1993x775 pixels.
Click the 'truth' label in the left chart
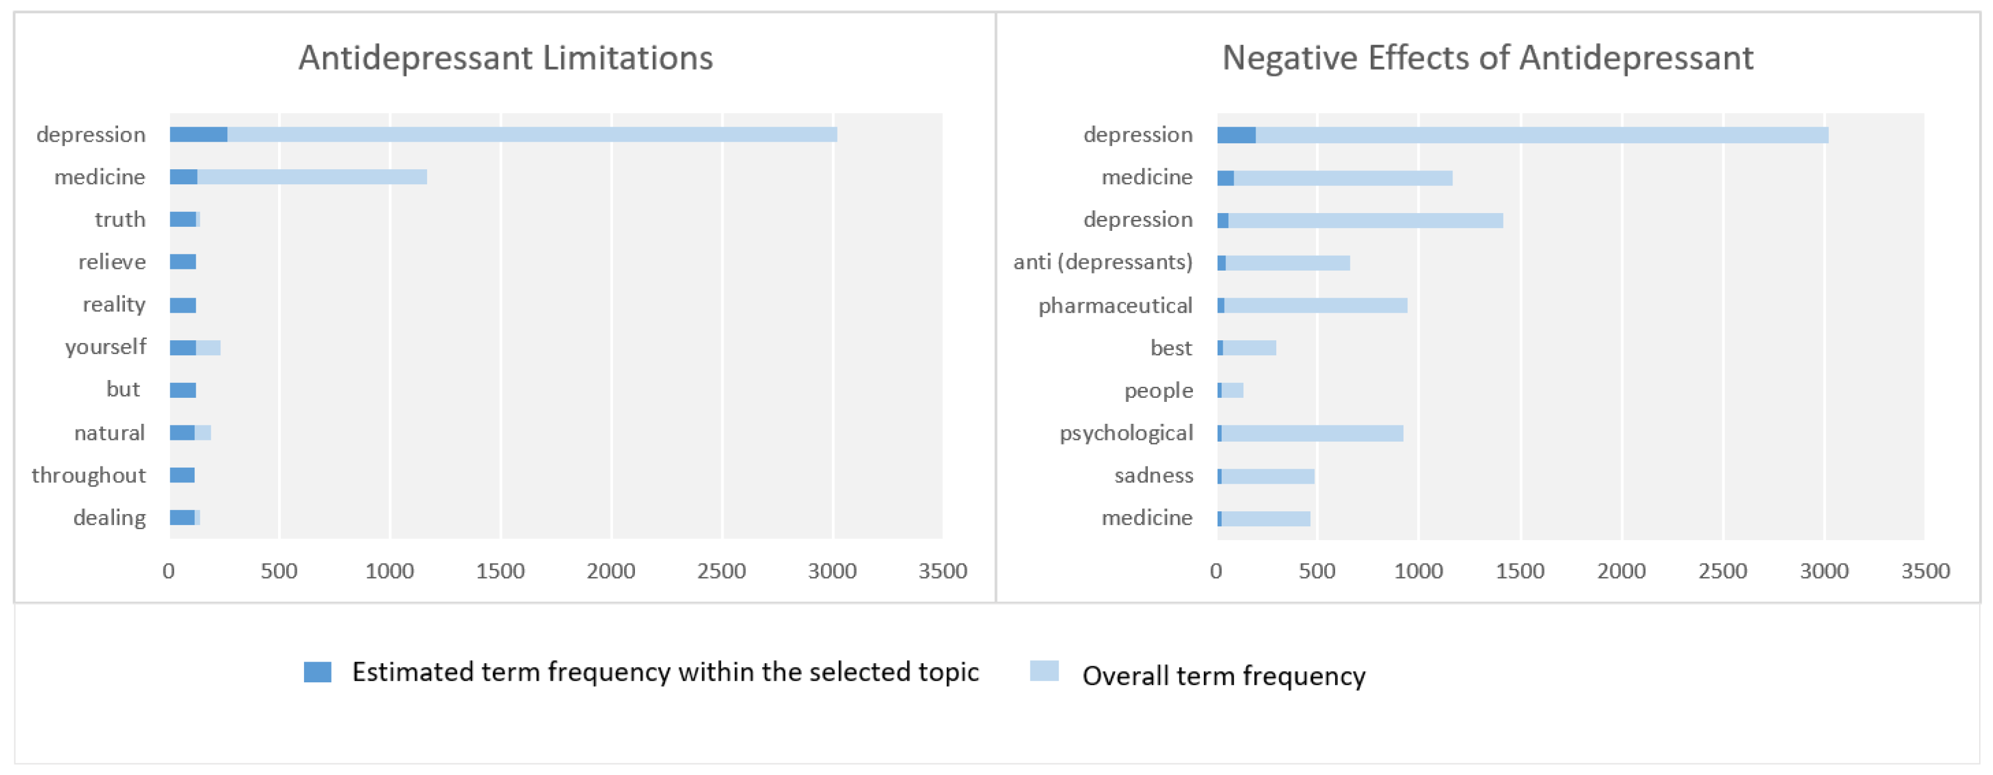point(120,220)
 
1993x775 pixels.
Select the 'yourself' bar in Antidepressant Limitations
point(195,348)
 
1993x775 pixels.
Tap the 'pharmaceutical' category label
point(1115,306)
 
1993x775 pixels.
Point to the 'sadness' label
point(1154,476)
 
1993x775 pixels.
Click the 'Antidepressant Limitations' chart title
point(505,58)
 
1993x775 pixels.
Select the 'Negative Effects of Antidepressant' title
point(1487,58)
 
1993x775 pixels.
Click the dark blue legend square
point(317,672)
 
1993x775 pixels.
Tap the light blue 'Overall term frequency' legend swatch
point(1044,671)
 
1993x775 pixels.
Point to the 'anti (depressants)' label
point(1102,262)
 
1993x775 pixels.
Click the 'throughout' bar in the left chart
point(182,476)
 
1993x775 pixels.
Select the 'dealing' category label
point(109,518)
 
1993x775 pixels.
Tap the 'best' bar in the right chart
point(1246,348)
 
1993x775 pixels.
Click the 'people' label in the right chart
point(1158,390)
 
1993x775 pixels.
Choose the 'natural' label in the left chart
point(109,433)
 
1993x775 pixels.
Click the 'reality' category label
point(114,305)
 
